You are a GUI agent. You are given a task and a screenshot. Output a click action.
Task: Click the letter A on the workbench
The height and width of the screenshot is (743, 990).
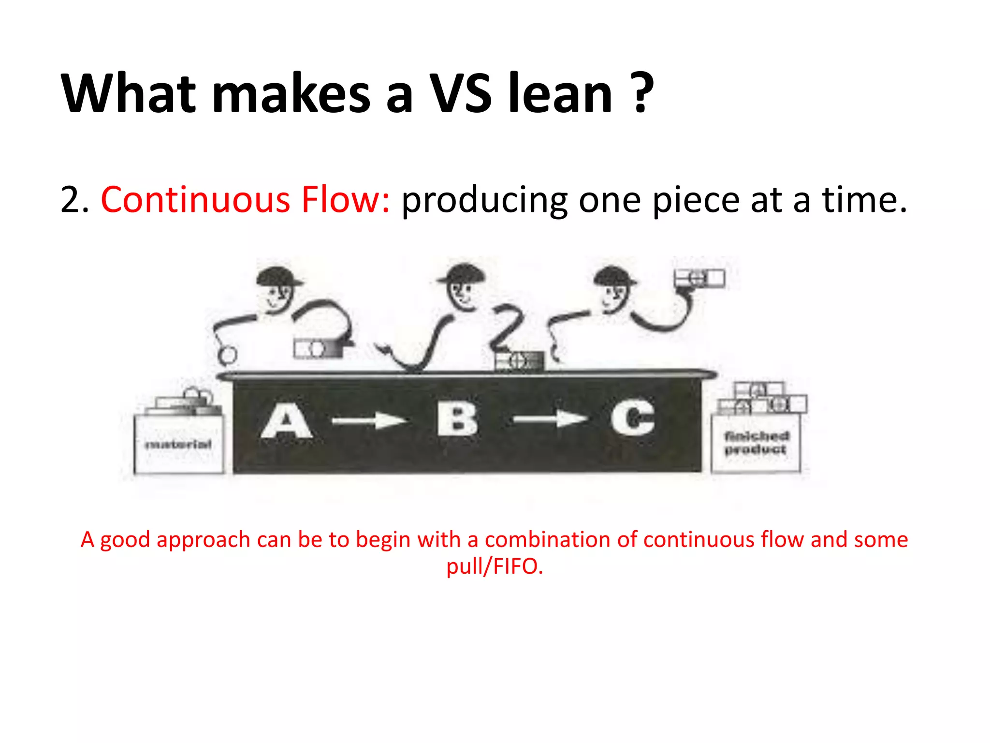[x=287, y=420]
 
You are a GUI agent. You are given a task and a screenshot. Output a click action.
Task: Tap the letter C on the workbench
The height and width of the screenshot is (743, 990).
[x=633, y=417]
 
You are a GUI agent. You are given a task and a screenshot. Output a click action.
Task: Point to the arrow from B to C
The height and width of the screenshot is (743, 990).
[x=550, y=419]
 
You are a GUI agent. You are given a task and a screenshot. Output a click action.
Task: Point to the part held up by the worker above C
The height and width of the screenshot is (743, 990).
[x=699, y=278]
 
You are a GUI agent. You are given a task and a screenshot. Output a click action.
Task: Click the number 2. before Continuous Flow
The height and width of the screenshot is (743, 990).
[x=74, y=200]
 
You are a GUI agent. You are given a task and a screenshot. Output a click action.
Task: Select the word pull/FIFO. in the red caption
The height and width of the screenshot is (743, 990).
[x=495, y=566]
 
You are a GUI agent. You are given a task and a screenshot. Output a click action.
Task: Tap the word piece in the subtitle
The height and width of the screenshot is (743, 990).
[x=696, y=200]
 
